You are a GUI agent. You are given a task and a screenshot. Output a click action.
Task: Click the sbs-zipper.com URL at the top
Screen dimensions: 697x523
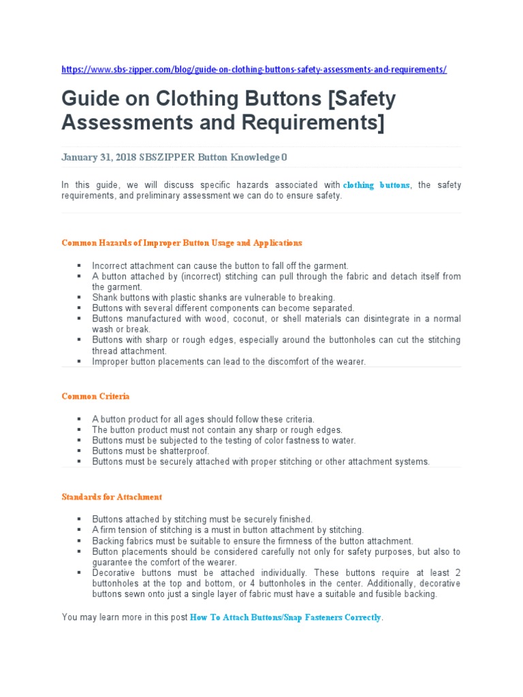(x=253, y=69)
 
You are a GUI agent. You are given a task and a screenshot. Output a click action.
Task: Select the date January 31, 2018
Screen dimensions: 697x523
(x=98, y=157)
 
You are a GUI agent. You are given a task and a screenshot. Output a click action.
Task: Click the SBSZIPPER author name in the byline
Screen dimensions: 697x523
(x=167, y=157)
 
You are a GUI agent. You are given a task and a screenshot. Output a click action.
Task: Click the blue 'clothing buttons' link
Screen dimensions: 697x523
(x=377, y=185)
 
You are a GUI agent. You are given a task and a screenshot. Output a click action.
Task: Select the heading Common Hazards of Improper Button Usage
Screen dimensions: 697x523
(x=181, y=242)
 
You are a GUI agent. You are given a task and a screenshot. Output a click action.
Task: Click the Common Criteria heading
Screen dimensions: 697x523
(x=95, y=396)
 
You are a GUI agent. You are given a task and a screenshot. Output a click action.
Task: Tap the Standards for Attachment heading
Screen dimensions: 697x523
(x=112, y=497)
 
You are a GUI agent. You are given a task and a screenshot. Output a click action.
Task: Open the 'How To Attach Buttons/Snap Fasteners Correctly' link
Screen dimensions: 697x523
(x=285, y=618)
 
